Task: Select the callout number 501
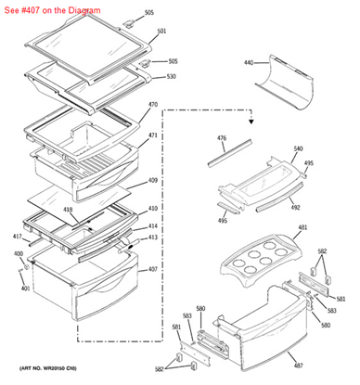pos(161,32)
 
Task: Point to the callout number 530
pos(171,77)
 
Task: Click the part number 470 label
pos(153,105)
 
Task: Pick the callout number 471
pos(153,135)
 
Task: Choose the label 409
pos(153,181)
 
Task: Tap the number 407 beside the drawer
pos(153,270)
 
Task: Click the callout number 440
pos(249,63)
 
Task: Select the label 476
pos(221,138)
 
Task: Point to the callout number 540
pos(298,148)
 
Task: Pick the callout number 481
pos(302,228)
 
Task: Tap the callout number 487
pos(298,366)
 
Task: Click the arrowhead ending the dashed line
pos(251,120)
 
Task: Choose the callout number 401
pos(26,289)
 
